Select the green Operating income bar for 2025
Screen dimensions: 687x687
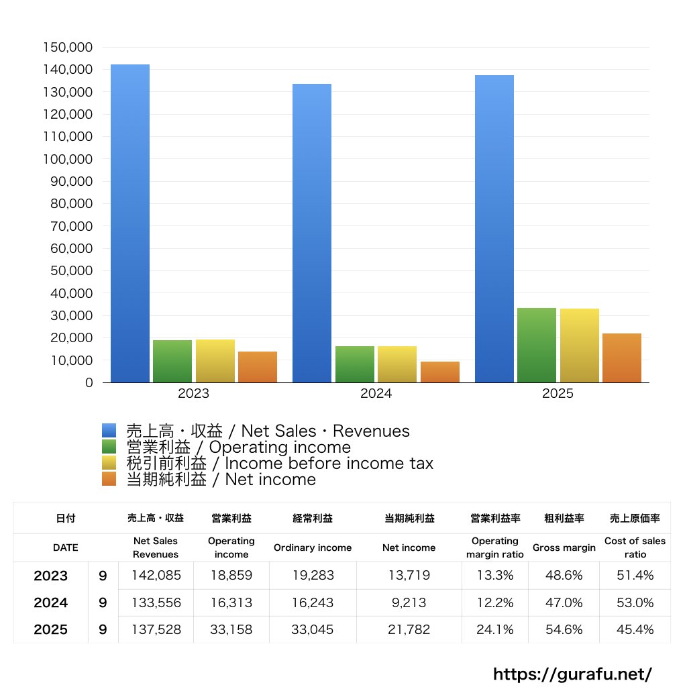537,345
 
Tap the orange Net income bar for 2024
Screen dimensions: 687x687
440,372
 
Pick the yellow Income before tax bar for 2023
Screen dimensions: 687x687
215,361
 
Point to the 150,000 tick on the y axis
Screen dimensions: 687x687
68,48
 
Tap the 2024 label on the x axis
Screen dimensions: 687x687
376,394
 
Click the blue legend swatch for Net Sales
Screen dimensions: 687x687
109,431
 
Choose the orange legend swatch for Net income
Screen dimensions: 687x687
109,479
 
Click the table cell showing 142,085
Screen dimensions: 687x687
156,576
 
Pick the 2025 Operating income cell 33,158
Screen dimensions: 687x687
231,630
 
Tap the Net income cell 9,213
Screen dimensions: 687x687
409,602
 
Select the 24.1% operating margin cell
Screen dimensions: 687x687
495,630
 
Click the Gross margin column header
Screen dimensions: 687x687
564,547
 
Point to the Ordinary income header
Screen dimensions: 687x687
312,547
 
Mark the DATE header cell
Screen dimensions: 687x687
66,547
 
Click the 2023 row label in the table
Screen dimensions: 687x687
51,576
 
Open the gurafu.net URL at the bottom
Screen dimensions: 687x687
572,674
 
